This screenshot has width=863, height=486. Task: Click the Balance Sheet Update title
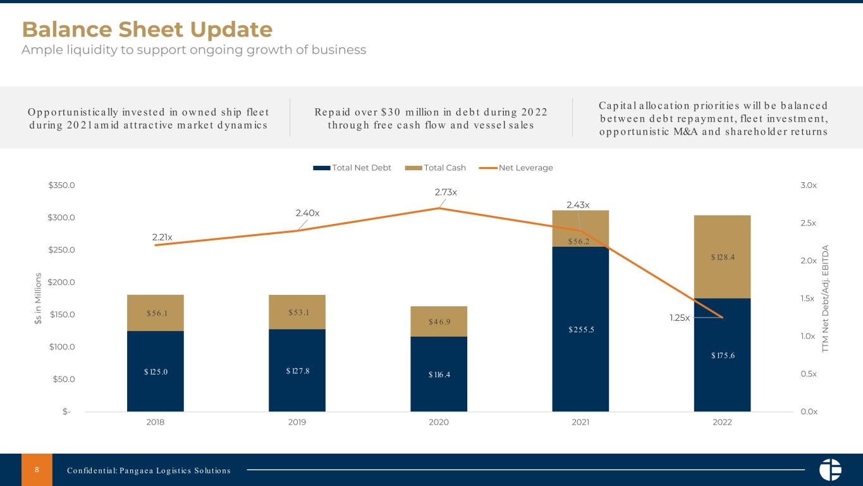click(147, 30)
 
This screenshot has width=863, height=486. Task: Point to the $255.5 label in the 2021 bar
click(580, 329)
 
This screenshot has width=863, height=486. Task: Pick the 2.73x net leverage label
click(446, 192)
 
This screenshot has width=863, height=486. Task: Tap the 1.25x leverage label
click(680, 318)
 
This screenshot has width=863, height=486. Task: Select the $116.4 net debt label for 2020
click(439, 375)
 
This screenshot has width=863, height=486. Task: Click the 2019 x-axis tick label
click(297, 423)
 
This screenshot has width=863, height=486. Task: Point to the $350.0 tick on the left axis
click(62, 185)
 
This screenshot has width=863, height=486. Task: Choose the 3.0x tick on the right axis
click(809, 185)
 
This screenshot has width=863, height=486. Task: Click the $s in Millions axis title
click(39, 299)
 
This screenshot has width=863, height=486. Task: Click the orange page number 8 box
click(37, 470)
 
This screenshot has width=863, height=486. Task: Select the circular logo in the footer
click(830, 470)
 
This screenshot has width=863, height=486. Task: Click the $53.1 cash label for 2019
click(297, 312)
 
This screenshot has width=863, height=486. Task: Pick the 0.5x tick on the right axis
click(809, 374)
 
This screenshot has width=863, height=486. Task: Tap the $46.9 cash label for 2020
click(439, 321)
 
